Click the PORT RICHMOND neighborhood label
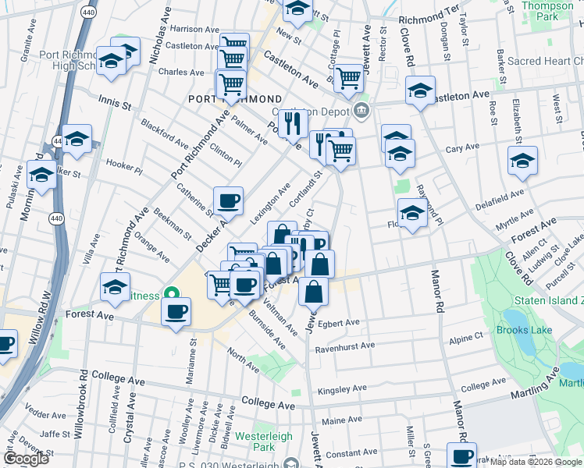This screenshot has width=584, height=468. tap(235, 99)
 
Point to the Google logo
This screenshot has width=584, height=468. tap(26, 459)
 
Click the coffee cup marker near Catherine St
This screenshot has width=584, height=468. tap(229, 200)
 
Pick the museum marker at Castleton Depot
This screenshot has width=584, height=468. tap(361, 112)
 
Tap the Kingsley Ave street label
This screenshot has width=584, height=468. tap(342, 388)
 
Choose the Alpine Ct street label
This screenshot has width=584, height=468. tap(467, 339)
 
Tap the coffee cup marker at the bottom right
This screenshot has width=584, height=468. tap(461, 456)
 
